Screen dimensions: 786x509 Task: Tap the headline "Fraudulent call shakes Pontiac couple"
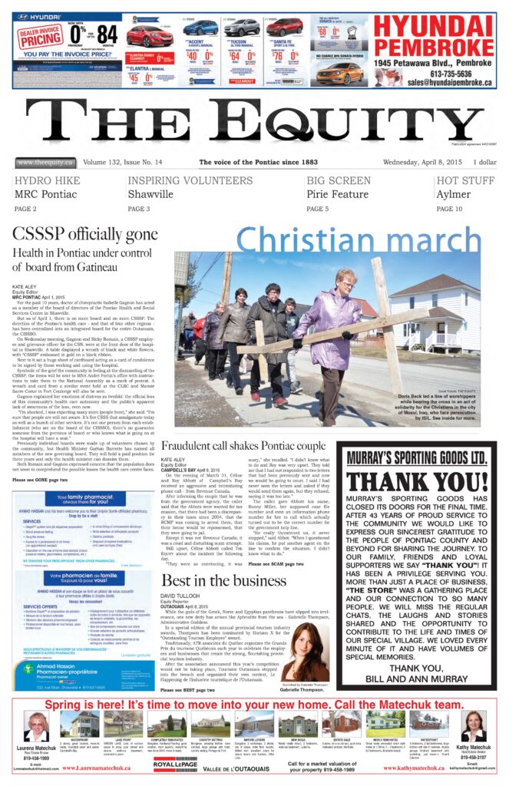coord(243,444)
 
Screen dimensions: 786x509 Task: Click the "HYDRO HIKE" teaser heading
coord(41,181)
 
